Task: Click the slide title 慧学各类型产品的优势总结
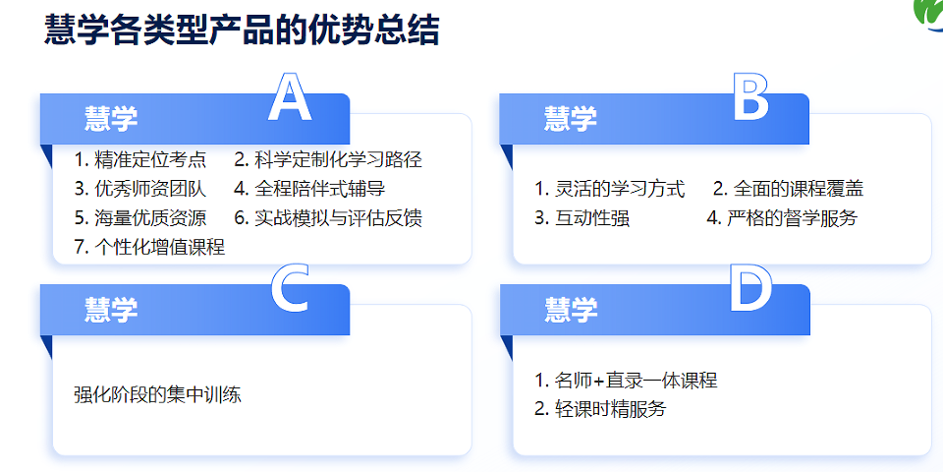[242, 30]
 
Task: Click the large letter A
[289, 98]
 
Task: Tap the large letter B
[750, 98]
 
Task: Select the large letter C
[289, 290]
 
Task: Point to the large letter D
[750, 290]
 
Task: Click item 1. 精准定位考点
[140, 159]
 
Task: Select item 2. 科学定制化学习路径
[328, 159]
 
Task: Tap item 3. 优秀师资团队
[140, 189]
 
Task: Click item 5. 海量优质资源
[140, 218]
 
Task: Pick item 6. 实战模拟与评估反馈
[328, 218]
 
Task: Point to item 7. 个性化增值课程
[149, 248]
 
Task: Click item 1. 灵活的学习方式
[609, 189]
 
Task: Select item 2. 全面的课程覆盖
[788, 189]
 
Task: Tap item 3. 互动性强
[582, 218]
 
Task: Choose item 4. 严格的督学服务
[782, 218]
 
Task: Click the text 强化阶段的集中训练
[157, 395]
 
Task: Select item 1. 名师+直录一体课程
[626, 381]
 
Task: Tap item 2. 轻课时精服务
[600, 409]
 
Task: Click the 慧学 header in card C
[111, 311]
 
